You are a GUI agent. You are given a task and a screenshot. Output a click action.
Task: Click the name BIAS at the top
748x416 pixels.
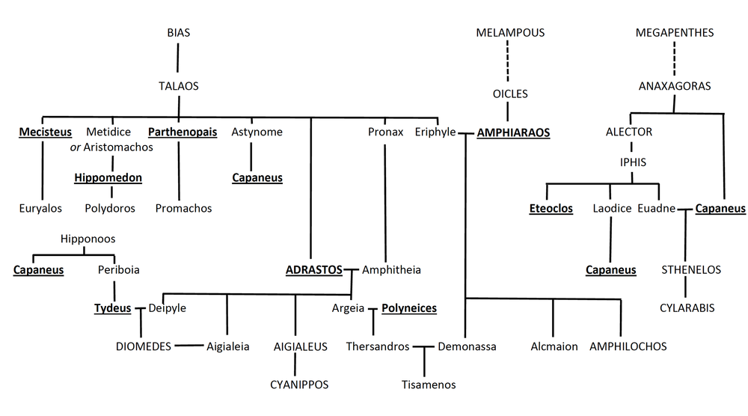tap(178, 33)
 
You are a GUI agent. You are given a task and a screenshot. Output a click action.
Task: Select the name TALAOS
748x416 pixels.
tap(178, 86)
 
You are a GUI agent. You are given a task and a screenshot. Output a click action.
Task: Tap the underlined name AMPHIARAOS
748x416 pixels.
tap(513, 132)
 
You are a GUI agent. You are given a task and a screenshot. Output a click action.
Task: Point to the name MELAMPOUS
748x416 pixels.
tap(510, 33)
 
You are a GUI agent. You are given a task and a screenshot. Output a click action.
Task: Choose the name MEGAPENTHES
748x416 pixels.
tap(674, 33)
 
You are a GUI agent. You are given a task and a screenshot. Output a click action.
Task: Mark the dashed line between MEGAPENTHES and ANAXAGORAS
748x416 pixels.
tap(674, 59)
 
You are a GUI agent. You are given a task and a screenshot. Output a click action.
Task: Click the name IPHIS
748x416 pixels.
tap(632, 162)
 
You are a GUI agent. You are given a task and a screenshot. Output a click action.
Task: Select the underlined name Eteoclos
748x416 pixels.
tap(551, 209)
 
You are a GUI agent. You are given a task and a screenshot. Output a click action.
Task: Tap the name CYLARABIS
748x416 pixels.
tap(687, 308)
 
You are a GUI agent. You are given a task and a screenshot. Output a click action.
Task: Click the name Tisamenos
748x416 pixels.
tap(428, 385)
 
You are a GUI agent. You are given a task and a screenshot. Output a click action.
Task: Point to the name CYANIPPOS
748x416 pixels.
tap(299, 385)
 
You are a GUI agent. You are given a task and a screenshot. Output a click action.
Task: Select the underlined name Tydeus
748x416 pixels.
tap(112, 308)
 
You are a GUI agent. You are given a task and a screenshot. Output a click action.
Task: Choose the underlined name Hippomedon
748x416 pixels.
tap(108, 178)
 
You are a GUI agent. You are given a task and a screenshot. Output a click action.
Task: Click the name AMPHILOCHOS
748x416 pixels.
tap(628, 346)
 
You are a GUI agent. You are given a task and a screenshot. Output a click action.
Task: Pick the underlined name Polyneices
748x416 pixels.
tap(409, 308)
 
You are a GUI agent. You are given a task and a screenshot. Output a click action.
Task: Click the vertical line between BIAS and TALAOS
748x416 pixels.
tap(178, 59)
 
